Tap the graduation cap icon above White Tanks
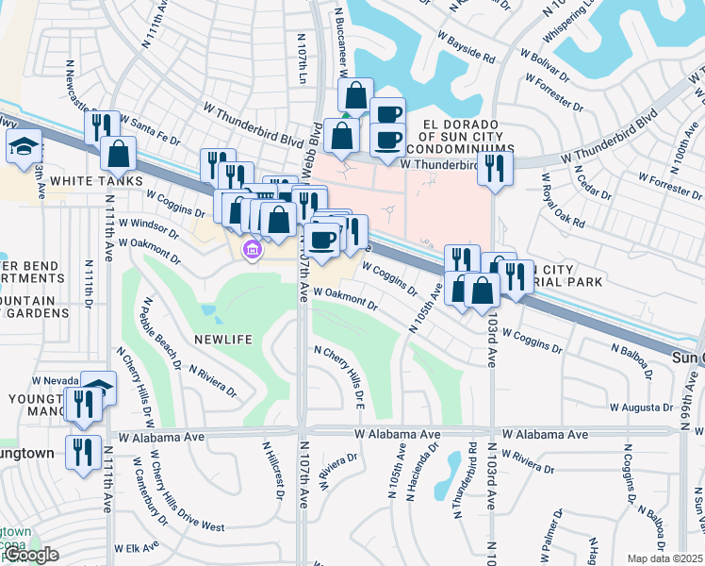24,146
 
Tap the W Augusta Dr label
639,408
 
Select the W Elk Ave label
136,547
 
